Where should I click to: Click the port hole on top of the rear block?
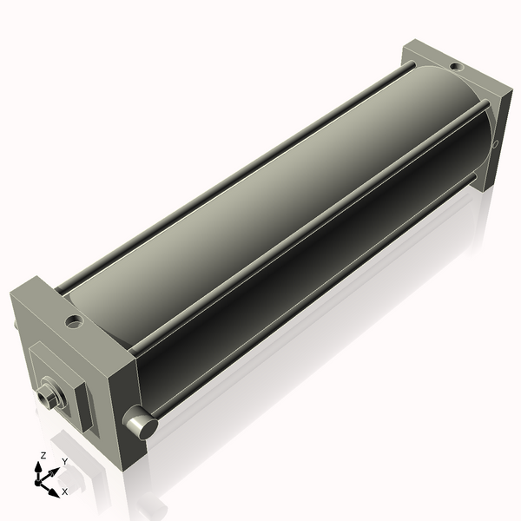tap(455, 66)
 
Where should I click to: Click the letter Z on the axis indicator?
tap(43, 455)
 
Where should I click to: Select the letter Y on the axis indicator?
tap(64, 461)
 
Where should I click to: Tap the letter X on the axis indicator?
tap(64, 491)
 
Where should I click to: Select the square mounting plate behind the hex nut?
tap(56, 382)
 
